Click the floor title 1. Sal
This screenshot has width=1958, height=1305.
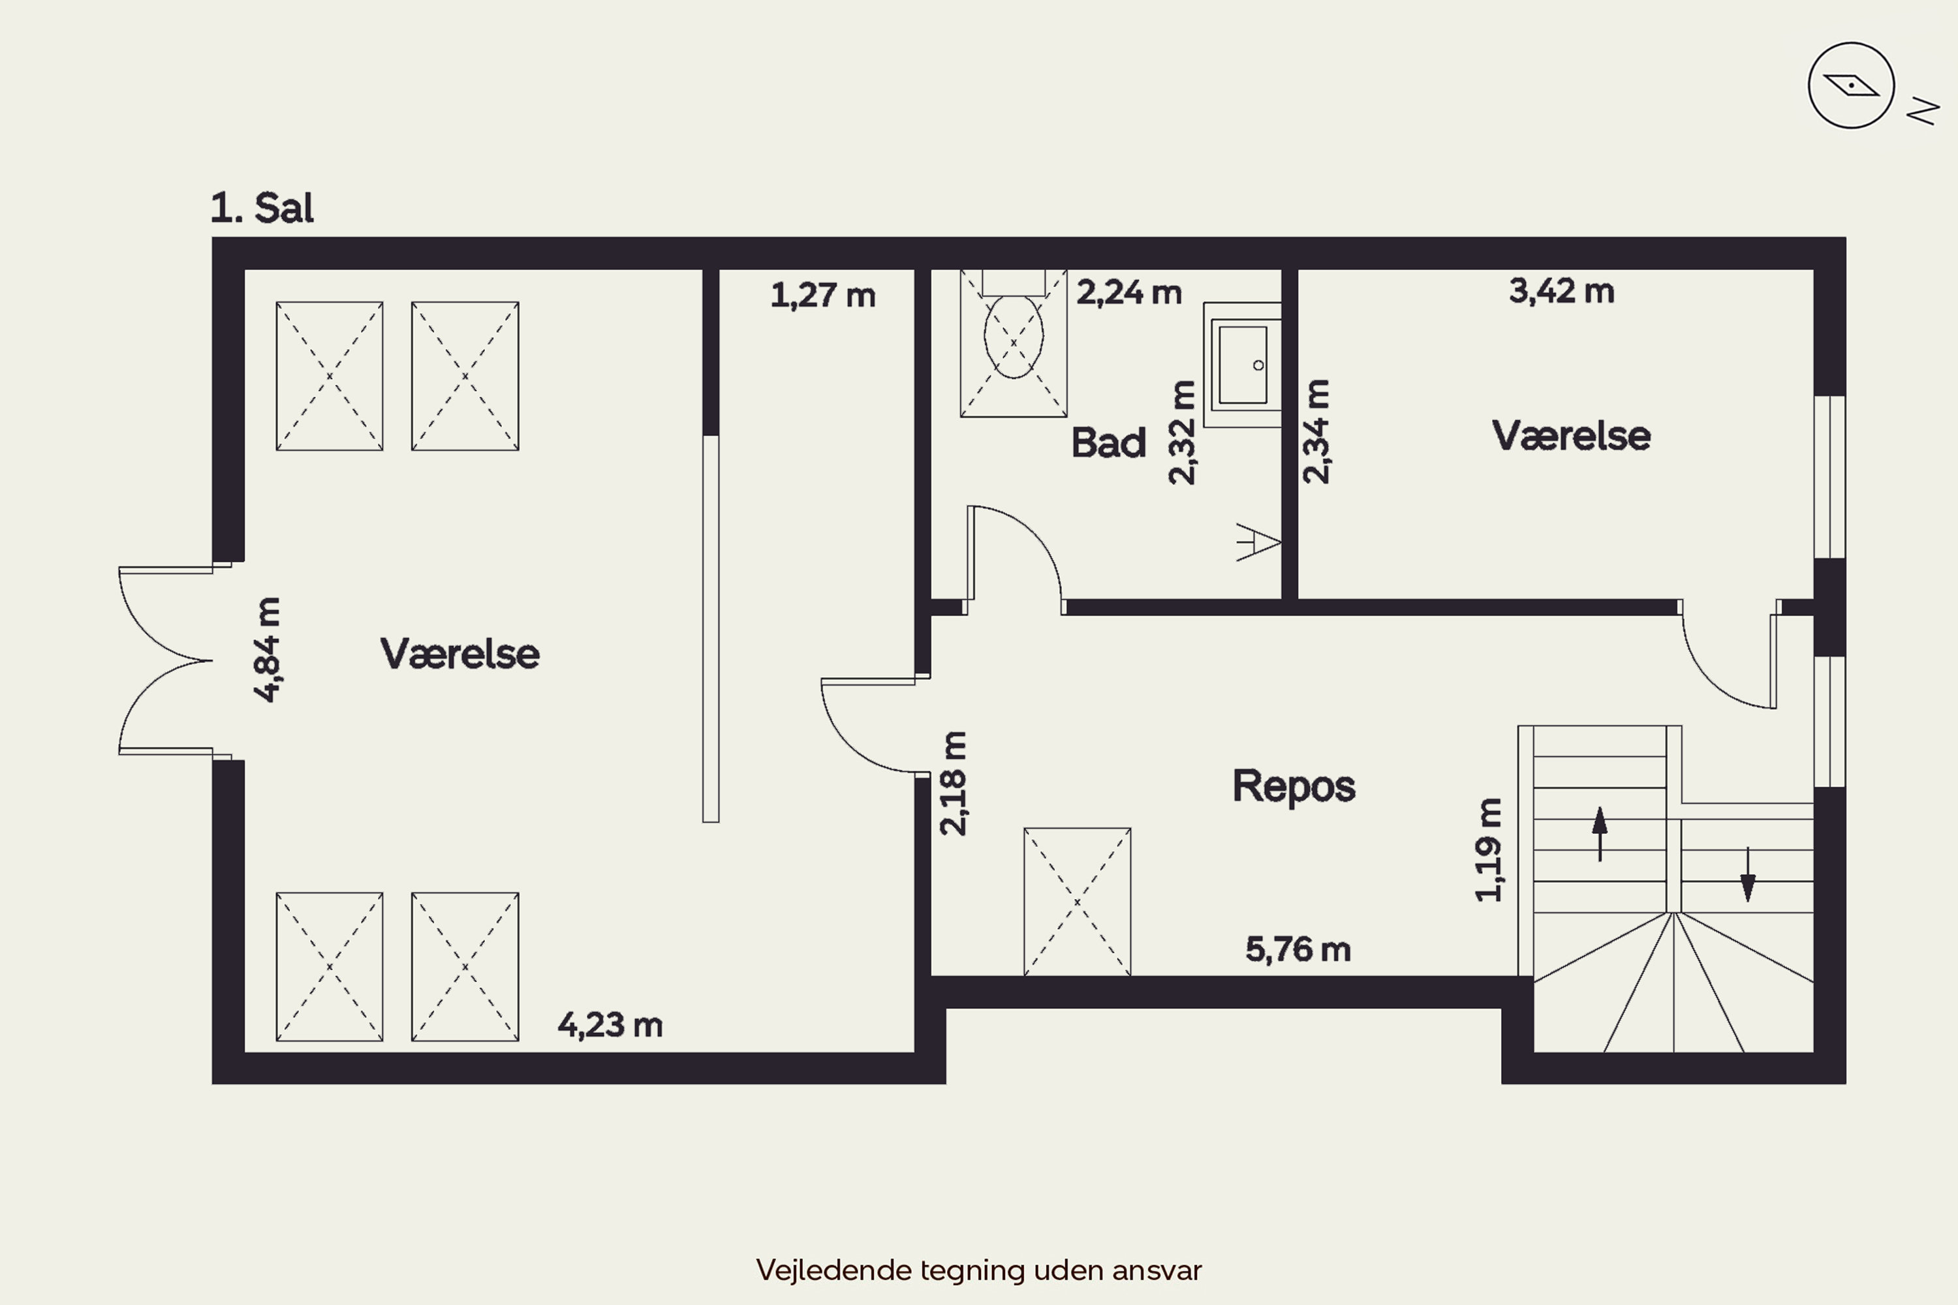coord(262,208)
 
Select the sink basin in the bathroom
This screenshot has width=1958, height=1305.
coord(1242,365)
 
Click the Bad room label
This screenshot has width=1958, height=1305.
coord(1108,443)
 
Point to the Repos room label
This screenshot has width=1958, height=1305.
coord(1294,786)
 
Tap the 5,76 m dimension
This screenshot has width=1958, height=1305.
coord(1298,949)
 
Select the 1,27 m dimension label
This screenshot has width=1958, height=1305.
coord(822,296)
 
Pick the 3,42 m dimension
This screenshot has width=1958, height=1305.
coord(1562,291)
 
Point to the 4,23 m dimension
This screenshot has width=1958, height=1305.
coord(610,1025)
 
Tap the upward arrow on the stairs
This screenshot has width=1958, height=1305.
coord(1599,833)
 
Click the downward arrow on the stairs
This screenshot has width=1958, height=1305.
coord(1747,874)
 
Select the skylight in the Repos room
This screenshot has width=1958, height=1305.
coord(1078,901)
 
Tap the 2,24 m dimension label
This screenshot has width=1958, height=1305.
coord(1129,293)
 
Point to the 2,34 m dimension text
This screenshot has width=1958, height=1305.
coord(1316,431)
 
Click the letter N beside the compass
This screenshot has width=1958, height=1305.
coord(1923,111)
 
